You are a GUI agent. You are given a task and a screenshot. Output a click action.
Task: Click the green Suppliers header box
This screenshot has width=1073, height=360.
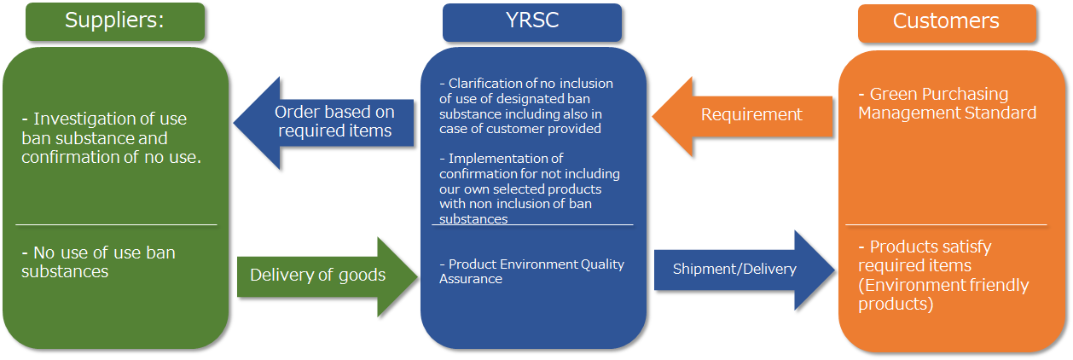(x=115, y=21)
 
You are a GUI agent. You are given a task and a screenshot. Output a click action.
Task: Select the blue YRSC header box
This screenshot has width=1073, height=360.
(x=532, y=21)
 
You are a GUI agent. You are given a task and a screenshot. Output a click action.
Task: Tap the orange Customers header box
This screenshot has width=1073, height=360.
(x=947, y=22)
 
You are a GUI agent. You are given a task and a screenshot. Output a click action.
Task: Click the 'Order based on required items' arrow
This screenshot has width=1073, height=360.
(x=324, y=121)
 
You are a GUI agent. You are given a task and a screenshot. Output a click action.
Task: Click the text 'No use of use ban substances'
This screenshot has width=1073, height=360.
(x=98, y=262)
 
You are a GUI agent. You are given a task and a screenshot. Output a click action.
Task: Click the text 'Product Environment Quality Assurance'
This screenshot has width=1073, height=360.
(x=531, y=271)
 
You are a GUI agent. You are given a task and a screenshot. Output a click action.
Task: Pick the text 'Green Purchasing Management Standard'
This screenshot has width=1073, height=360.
(x=947, y=103)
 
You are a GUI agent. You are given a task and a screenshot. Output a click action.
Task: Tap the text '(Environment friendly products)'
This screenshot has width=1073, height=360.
(x=943, y=294)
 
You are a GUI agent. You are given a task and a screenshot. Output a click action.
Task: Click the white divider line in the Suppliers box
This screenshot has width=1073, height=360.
(x=116, y=225)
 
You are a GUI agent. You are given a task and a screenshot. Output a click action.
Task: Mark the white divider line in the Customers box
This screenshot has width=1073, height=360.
(x=946, y=225)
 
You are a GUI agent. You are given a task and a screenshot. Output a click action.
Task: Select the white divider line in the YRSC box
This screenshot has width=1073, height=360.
(x=532, y=225)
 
